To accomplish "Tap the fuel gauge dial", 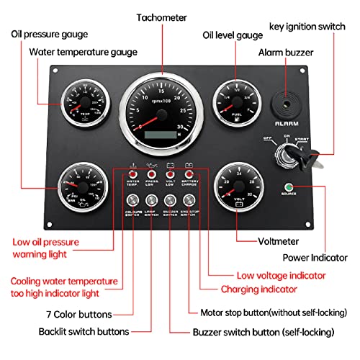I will [235, 101].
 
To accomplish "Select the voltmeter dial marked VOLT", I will [235, 189].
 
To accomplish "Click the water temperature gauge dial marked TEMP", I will [86, 105].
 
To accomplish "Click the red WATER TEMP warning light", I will [132, 174].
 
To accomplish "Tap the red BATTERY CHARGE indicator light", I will [189, 174].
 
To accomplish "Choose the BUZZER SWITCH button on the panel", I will [170, 202].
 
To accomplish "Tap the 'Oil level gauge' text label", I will [234, 34].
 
